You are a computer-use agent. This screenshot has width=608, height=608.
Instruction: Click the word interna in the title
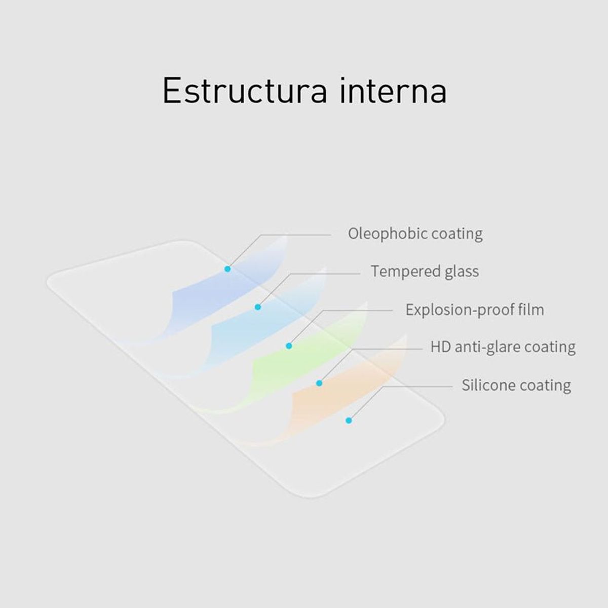(393, 91)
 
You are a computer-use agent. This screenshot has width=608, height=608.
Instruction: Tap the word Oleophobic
(387, 234)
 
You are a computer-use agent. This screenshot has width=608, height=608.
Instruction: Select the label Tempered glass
(425, 272)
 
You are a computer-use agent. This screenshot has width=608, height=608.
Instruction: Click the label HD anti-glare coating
(503, 347)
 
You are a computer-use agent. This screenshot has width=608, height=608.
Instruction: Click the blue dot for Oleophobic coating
(227, 269)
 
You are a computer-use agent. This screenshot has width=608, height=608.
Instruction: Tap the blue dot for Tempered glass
(258, 307)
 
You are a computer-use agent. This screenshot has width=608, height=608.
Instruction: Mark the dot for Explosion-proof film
(289, 346)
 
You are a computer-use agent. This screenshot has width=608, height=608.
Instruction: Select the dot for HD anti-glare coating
(319, 384)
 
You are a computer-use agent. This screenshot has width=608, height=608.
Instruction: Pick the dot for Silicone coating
(349, 420)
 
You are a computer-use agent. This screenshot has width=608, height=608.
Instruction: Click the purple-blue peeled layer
(213, 299)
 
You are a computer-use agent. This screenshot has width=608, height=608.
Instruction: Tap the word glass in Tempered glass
(462, 272)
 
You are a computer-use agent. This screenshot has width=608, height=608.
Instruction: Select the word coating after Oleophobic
(457, 234)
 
